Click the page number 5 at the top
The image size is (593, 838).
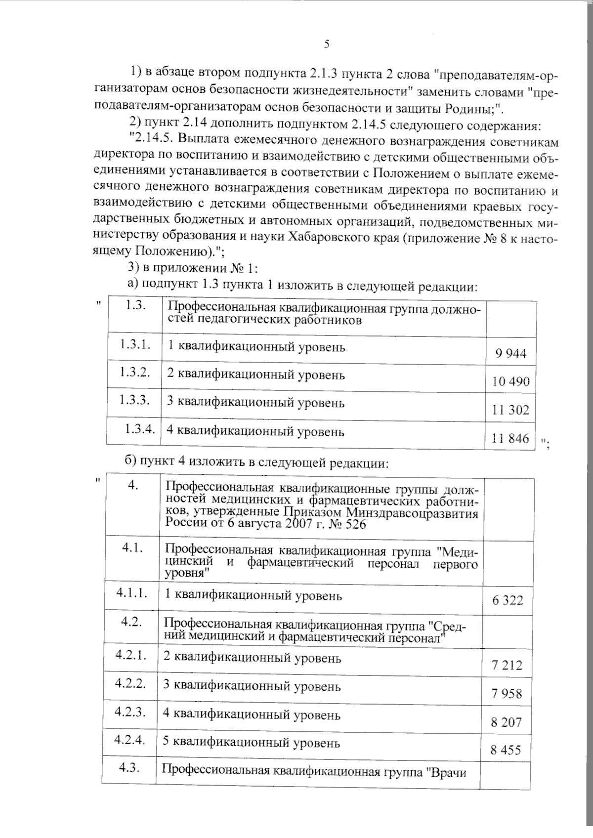point(327,44)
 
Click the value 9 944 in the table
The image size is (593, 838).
point(510,353)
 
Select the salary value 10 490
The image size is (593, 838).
point(511,381)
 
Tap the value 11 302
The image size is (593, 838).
point(511,410)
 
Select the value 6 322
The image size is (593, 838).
point(508,601)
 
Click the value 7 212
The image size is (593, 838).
point(507,666)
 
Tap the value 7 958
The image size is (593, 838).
point(507,694)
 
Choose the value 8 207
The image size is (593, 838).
point(507,722)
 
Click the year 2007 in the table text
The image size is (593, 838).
point(287,524)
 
